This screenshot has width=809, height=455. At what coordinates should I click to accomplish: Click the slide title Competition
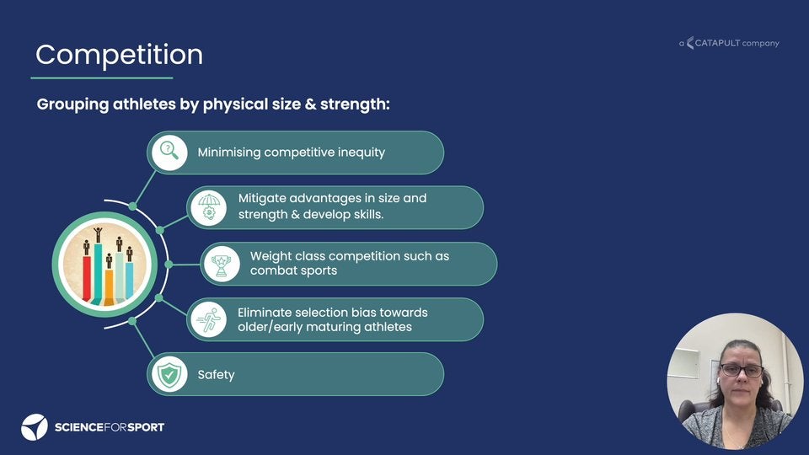click(x=119, y=55)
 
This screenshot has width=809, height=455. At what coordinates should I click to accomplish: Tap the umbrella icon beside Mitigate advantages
click(x=209, y=207)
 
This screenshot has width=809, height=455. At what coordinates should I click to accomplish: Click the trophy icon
click(x=222, y=264)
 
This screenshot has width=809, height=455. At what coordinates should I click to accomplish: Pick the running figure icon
click(x=209, y=320)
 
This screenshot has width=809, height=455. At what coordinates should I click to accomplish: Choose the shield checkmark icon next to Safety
click(x=169, y=374)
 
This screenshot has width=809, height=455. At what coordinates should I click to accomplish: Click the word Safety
click(x=217, y=375)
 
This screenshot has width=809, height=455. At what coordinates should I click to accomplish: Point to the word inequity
click(x=362, y=153)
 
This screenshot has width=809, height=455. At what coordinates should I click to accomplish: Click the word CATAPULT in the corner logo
click(x=717, y=43)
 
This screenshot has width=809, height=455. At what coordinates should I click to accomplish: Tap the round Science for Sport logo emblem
click(x=35, y=427)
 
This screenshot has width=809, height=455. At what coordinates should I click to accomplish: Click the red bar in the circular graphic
click(x=87, y=277)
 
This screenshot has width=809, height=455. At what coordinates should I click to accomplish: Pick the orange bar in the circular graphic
click(x=109, y=286)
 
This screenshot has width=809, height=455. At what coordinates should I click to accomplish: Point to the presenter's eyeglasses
click(x=742, y=370)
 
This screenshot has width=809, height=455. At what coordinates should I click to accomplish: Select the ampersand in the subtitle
click(x=310, y=104)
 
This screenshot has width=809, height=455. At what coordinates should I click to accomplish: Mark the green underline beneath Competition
click(x=102, y=78)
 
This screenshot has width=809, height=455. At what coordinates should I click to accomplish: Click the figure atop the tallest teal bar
click(x=98, y=235)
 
